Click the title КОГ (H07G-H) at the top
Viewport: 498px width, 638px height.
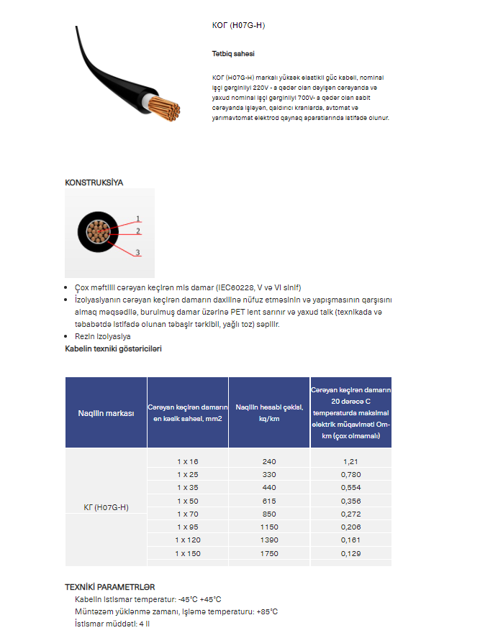point(233,26)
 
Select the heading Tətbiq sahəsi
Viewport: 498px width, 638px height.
point(232,54)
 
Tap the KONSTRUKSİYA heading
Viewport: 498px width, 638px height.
point(94,182)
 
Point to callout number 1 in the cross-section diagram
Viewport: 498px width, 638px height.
point(137,218)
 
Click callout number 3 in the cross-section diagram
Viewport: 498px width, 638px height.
point(137,253)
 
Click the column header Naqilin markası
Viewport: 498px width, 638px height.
point(106,413)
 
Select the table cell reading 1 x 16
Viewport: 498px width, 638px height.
point(188,461)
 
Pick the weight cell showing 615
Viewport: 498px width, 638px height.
point(269,500)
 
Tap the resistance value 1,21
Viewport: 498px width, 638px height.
point(351,461)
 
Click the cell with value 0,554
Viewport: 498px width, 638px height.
point(351,487)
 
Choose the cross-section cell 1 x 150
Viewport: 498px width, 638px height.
point(188,553)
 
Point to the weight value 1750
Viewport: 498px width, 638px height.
point(269,553)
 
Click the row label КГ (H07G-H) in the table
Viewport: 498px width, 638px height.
point(106,507)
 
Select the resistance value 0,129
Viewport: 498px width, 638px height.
point(351,553)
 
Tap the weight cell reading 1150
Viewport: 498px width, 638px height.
point(269,527)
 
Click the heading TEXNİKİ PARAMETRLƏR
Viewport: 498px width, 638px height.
point(109,587)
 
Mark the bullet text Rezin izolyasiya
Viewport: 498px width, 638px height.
point(103,336)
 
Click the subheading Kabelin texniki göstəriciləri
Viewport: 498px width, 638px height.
point(113,348)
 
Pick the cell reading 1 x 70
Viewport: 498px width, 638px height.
point(188,514)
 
